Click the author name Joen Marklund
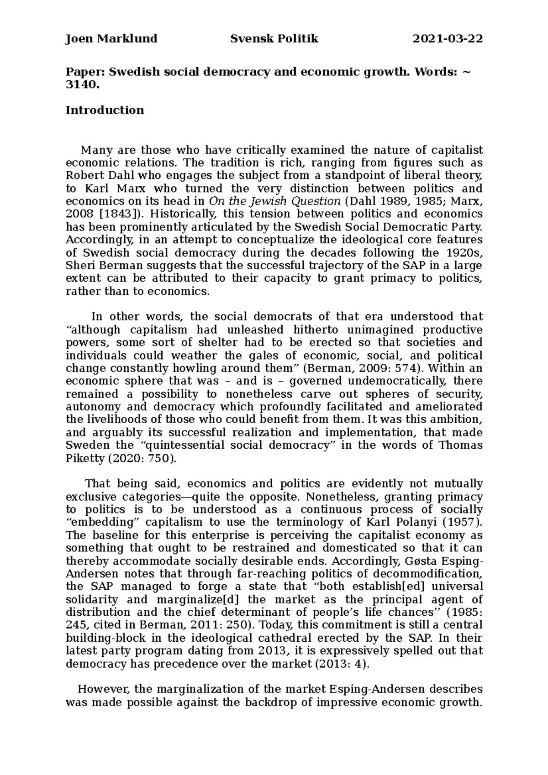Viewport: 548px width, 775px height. (x=111, y=39)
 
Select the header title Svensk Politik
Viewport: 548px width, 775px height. (x=274, y=39)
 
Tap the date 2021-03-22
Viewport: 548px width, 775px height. (x=448, y=39)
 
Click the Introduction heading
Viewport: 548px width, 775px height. (x=105, y=110)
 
